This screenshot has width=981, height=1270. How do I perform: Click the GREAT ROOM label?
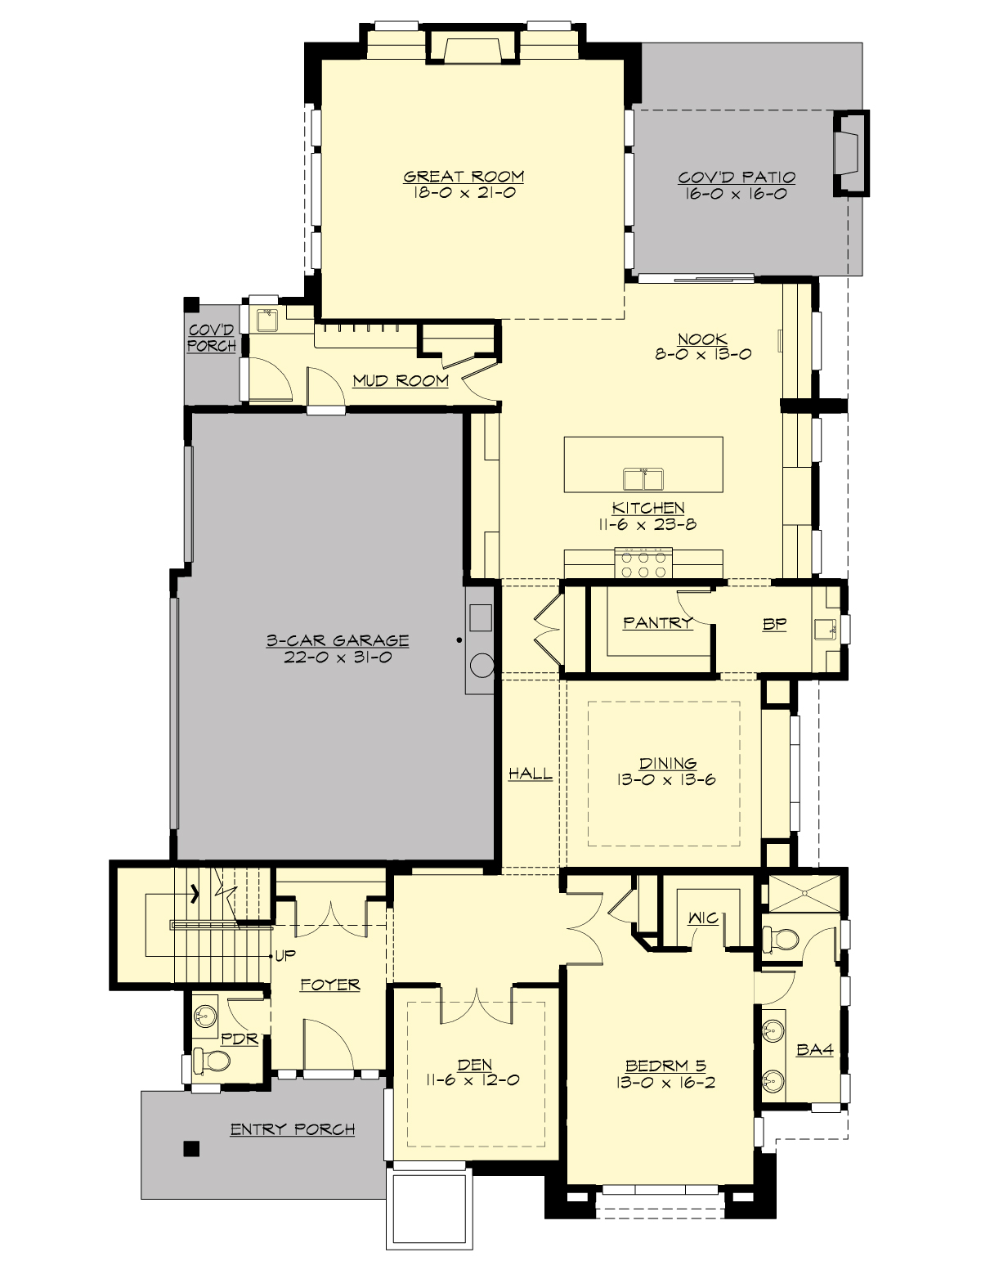(464, 176)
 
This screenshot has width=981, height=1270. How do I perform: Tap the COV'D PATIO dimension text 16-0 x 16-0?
(737, 195)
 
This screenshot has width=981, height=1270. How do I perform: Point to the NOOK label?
(702, 339)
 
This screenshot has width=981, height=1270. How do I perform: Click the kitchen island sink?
(643, 478)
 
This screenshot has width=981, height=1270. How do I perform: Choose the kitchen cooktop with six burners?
(644, 563)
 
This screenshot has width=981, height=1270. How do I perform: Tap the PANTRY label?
(657, 623)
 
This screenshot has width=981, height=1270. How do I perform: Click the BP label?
(774, 624)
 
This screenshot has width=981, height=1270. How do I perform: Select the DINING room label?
(668, 764)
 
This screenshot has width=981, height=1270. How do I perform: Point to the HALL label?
(530, 774)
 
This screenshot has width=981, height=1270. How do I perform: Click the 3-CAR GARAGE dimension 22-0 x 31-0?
(337, 657)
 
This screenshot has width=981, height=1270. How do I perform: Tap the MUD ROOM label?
(401, 380)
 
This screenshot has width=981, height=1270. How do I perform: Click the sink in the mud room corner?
(267, 320)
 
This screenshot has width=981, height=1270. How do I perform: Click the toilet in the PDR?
(214, 1061)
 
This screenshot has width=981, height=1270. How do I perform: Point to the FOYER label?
(329, 985)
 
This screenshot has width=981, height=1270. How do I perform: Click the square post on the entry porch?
(190, 1149)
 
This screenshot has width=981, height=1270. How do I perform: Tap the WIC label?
(702, 918)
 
